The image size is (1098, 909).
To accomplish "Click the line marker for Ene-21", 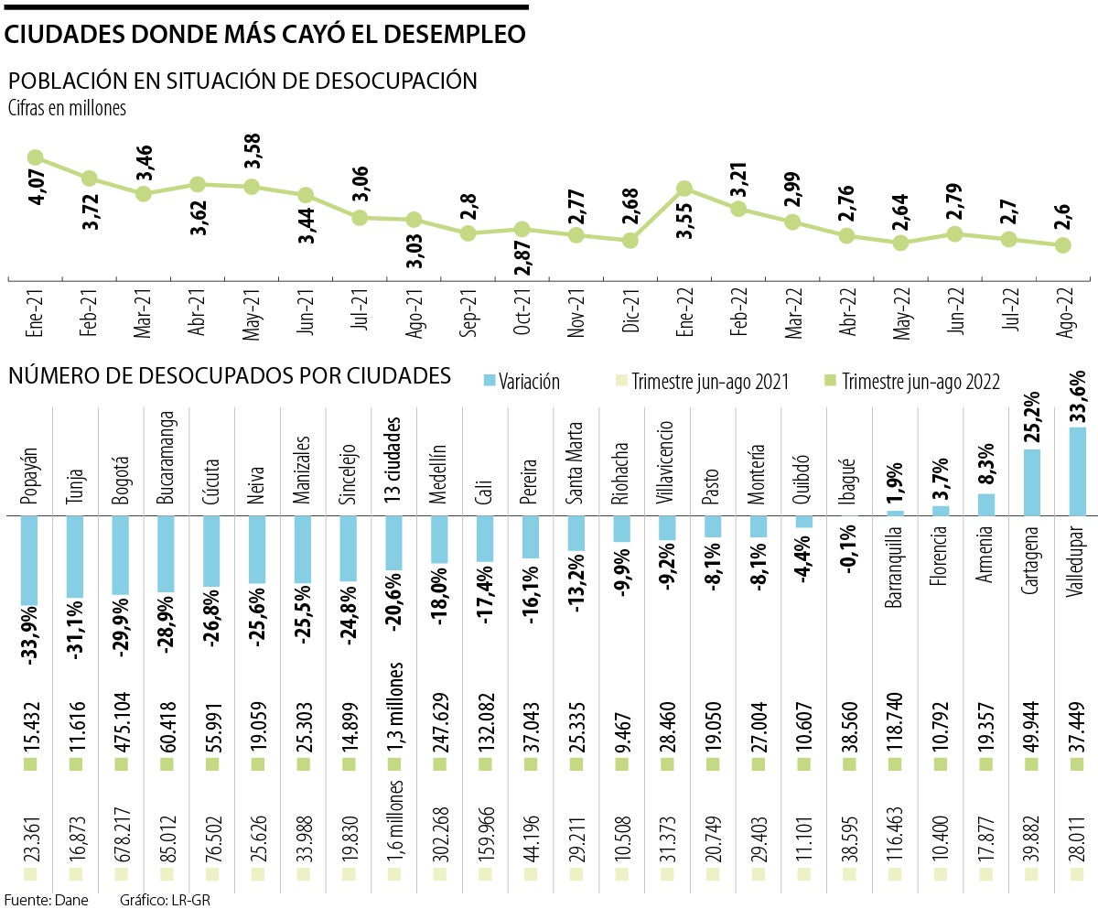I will point(36,157).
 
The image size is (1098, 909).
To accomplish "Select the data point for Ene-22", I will point(684,189).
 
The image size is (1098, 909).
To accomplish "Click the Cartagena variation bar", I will point(1032,482).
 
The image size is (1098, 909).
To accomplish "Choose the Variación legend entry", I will point(522,382).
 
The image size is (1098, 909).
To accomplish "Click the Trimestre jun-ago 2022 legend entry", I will point(911,382).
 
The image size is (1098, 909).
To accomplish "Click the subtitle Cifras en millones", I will point(67,108).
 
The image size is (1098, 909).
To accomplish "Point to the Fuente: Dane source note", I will point(46,900).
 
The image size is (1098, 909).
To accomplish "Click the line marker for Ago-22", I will point(1063,245).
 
